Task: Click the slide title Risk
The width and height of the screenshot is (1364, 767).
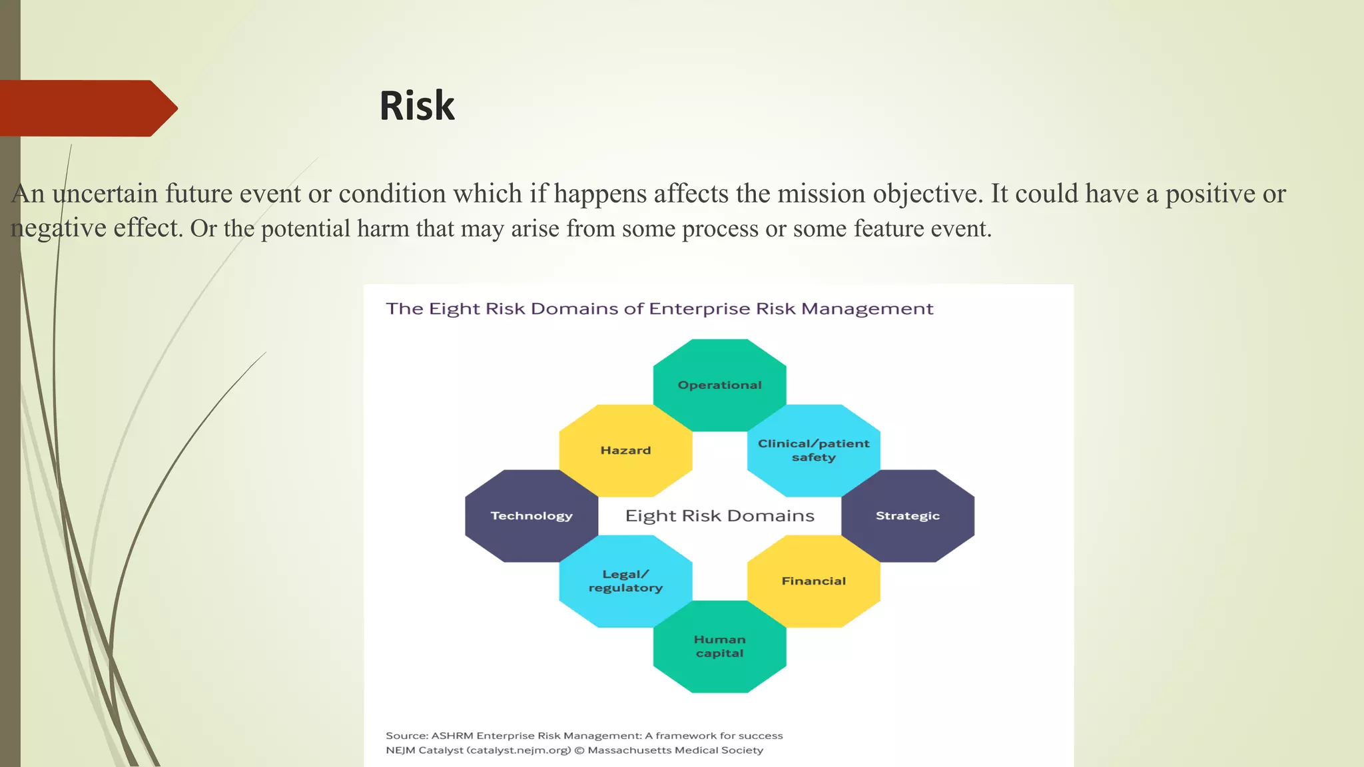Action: [x=417, y=106]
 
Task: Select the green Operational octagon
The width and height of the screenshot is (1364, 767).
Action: [x=719, y=385]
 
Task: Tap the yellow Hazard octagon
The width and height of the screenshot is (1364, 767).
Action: [x=625, y=451]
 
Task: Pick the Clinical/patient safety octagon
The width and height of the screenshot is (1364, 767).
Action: [x=813, y=451]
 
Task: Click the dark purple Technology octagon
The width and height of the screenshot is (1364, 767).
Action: [x=531, y=516]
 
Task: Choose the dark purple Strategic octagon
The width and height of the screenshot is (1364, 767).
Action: [x=907, y=516]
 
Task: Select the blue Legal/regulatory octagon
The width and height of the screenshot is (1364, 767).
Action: [x=625, y=581]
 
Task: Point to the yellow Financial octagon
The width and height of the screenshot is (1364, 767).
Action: [x=813, y=581]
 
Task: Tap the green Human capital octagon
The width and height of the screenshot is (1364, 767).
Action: [x=719, y=646]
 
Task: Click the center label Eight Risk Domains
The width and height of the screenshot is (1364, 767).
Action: [x=719, y=516]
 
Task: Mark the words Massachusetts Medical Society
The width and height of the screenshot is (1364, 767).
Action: [x=675, y=750]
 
